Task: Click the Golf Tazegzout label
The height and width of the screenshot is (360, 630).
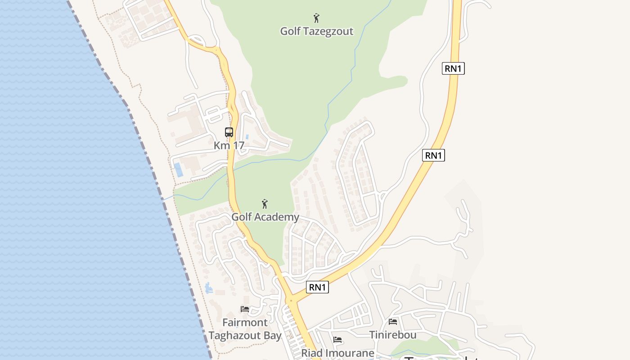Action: point(316,31)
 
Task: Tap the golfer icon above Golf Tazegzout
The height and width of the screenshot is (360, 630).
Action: point(316,18)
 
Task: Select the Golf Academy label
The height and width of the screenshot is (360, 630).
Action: point(265,217)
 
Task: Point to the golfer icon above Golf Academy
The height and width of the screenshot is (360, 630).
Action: point(265,204)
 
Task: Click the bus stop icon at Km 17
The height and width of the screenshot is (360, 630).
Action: point(229,132)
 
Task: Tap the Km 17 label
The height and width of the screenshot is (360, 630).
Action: point(229,145)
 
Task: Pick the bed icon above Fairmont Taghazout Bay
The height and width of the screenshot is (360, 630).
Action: point(245,309)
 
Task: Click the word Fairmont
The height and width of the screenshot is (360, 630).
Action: point(245,322)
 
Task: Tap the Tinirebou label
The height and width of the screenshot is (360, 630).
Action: point(393,335)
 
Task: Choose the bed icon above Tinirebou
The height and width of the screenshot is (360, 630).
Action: point(393,322)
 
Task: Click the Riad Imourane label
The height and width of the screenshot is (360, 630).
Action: point(337,353)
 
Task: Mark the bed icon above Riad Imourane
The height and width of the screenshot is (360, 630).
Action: point(337,340)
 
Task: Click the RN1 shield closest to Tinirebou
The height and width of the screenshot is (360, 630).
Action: point(317,287)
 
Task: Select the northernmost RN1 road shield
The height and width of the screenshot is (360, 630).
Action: point(453,68)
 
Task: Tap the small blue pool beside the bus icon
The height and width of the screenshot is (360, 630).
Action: point(247,136)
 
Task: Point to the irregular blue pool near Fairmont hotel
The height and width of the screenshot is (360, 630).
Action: point(208,288)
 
